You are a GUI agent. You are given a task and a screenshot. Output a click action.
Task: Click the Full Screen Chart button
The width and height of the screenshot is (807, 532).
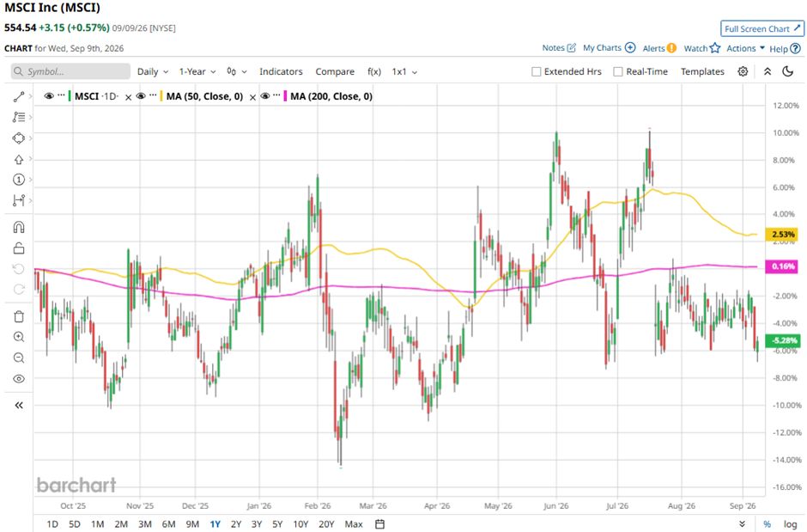tap(762, 29)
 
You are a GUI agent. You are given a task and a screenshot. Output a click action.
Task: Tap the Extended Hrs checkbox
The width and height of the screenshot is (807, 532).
tap(537, 71)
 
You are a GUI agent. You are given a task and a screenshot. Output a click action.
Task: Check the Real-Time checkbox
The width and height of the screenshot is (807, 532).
tap(618, 71)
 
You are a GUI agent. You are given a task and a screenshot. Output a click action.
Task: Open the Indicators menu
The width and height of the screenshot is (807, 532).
tap(281, 71)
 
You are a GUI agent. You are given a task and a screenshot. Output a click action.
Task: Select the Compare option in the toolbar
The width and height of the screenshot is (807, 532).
tap(335, 71)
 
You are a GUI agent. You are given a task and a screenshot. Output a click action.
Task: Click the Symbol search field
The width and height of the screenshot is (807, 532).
tap(70, 71)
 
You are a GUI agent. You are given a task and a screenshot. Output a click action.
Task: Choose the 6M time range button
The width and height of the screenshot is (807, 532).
tap(169, 523)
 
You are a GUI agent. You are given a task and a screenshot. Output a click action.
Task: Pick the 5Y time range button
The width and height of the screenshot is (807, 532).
tap(277, 523)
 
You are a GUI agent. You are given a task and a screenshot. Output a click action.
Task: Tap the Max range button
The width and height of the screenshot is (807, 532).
tap(354, 523)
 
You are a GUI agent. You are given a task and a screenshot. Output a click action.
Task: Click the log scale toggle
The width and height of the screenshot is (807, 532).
tap(790, 523)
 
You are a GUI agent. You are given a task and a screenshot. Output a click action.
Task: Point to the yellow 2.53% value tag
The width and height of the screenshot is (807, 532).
tap(782, 235)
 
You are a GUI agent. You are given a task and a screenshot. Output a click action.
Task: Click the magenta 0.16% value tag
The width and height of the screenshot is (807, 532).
tap(782, 266)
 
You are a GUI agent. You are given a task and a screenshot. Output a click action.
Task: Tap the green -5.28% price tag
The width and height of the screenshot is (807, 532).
tap(782, 340)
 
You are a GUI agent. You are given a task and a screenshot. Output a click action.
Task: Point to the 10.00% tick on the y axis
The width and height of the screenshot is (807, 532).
tap(786, 133)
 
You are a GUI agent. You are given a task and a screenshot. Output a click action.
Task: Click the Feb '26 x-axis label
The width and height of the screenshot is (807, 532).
tap(318, 505)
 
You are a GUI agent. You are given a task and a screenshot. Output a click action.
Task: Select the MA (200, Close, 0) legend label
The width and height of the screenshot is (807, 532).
tap(331, 96)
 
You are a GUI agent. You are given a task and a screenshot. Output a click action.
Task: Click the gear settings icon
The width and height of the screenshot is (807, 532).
tap(743, 71)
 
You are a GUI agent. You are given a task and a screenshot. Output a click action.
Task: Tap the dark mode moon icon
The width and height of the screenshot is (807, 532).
tap(788, 71)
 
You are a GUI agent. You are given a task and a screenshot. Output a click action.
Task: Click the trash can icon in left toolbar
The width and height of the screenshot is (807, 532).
tap(19, 316)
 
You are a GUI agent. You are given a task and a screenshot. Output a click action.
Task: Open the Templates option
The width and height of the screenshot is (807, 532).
tap(702, 71)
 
